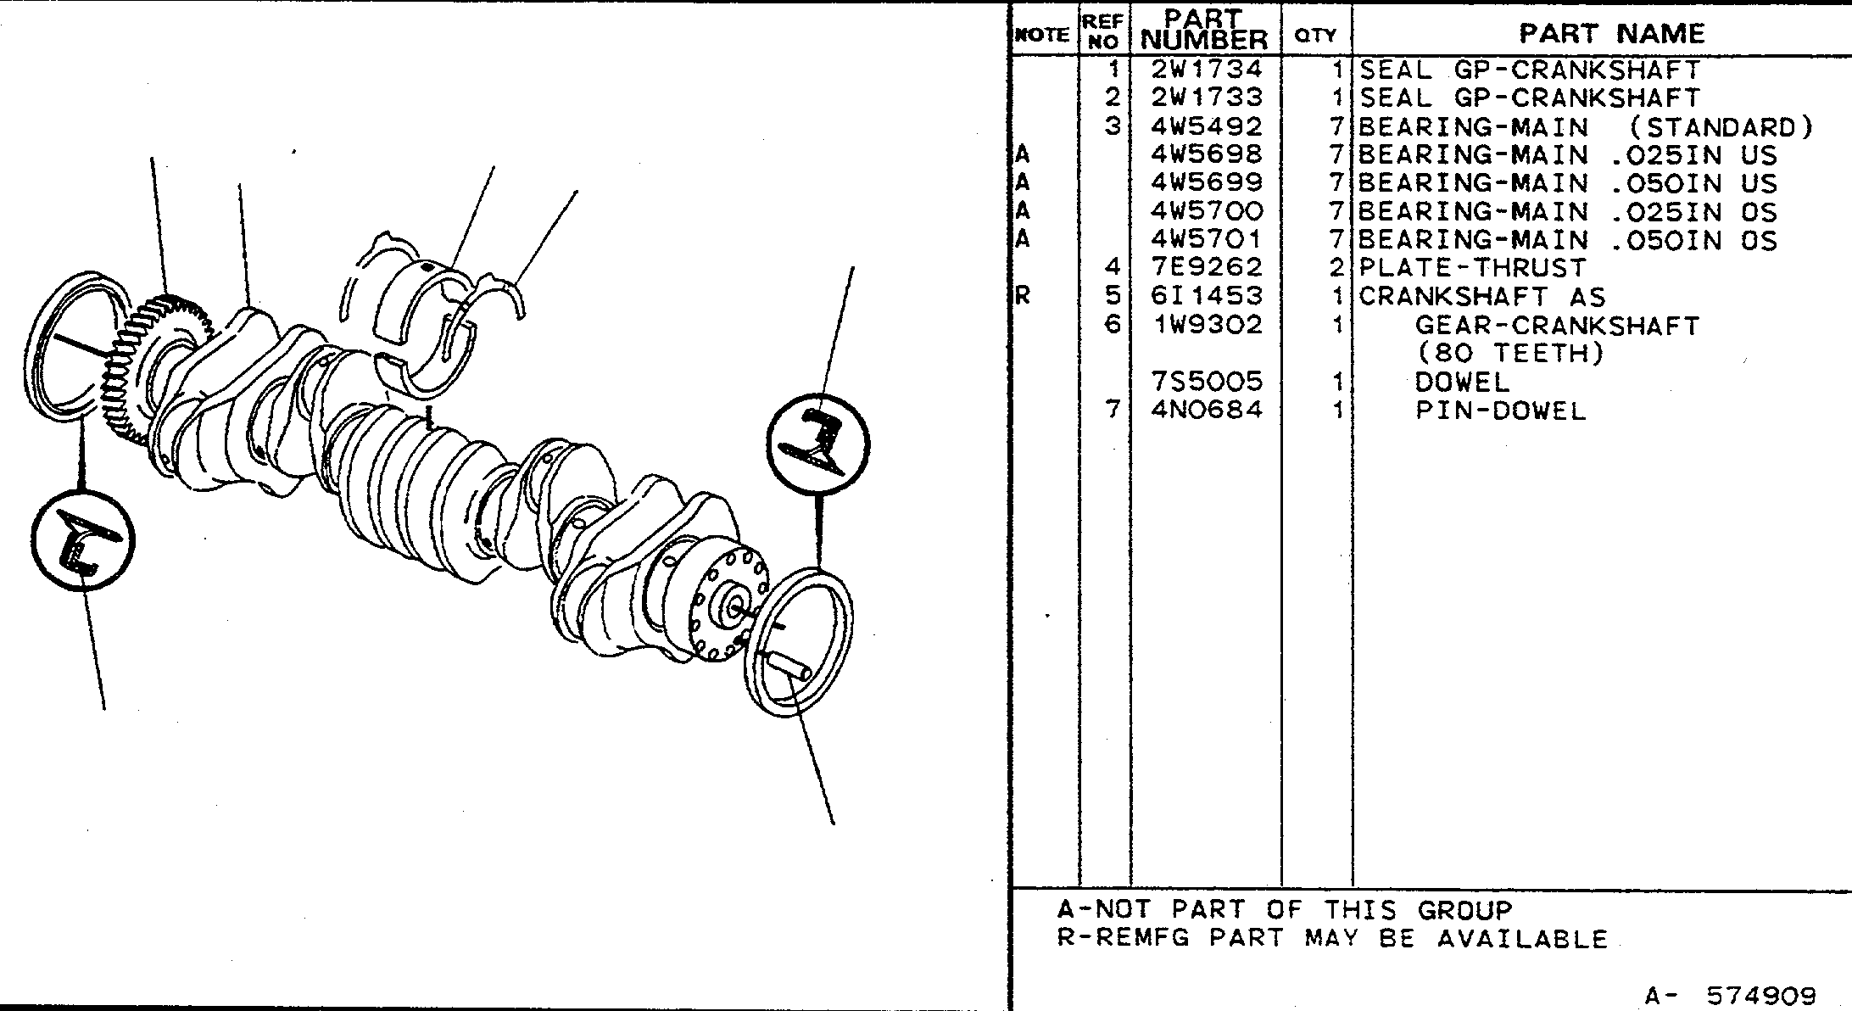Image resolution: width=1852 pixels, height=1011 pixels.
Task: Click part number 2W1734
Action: click(1206, 69)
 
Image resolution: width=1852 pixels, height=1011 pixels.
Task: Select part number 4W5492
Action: click(1206, 126)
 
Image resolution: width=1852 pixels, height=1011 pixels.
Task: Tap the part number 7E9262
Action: click(1206, 267)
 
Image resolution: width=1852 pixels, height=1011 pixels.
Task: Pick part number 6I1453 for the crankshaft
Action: click(1206, 296)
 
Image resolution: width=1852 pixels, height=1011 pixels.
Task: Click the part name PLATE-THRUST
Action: click(1472, 268)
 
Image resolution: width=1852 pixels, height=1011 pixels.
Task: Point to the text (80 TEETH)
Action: click(1510, 353)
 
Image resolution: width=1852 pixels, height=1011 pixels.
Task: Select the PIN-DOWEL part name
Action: click(1500, 411)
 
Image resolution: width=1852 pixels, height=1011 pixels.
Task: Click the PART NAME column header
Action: click(1611, 34)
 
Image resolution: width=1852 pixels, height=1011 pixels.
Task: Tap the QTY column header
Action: click(1315, 35)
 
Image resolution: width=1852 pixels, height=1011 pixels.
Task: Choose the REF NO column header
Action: click(1103, 31)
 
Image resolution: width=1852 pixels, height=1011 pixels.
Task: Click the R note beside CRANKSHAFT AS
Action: click(1022, 297)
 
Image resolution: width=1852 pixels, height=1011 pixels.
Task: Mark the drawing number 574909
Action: click(1761, 995)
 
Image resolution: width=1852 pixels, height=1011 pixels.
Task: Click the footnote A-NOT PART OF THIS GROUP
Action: click(1285, 910)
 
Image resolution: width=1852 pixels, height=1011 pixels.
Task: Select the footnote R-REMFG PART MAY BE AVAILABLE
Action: click(1332, 938)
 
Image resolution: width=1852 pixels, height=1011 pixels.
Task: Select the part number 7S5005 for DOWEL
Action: click(1206, 382)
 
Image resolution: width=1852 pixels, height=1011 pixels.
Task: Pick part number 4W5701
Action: click(1206, 239)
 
